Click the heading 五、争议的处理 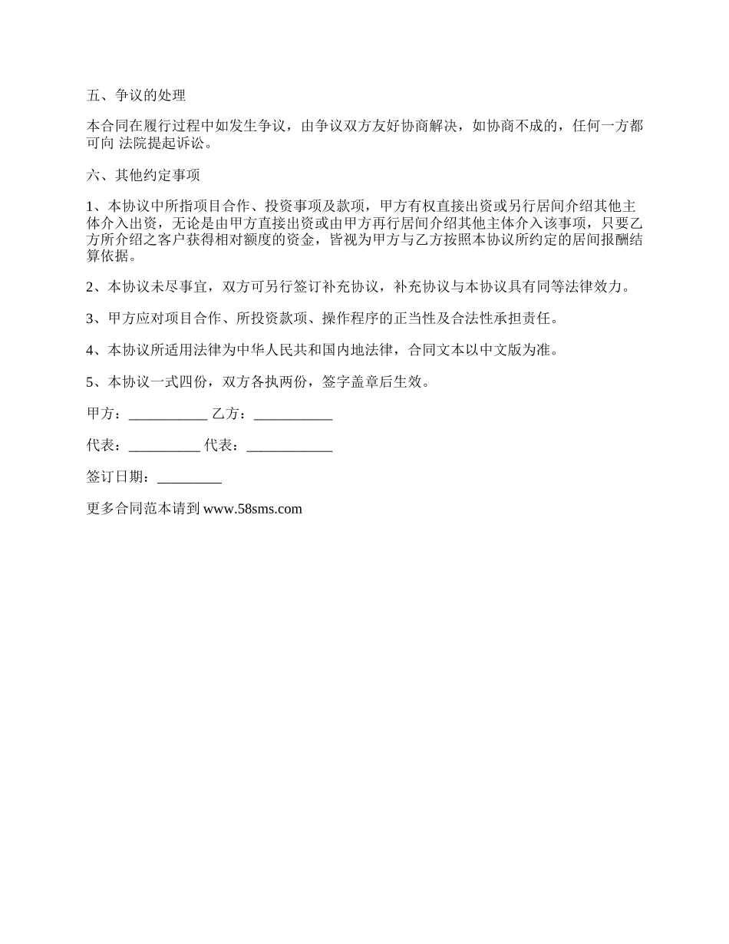137,96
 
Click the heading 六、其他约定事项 143,175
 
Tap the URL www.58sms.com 253,508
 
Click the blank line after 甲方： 168,414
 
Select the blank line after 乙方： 292,414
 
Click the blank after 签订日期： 189,477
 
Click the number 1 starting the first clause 91,206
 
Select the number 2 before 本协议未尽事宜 91,287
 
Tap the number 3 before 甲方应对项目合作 91,319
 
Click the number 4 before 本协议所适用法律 91,350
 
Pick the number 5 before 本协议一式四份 91,382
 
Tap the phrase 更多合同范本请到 143,508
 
